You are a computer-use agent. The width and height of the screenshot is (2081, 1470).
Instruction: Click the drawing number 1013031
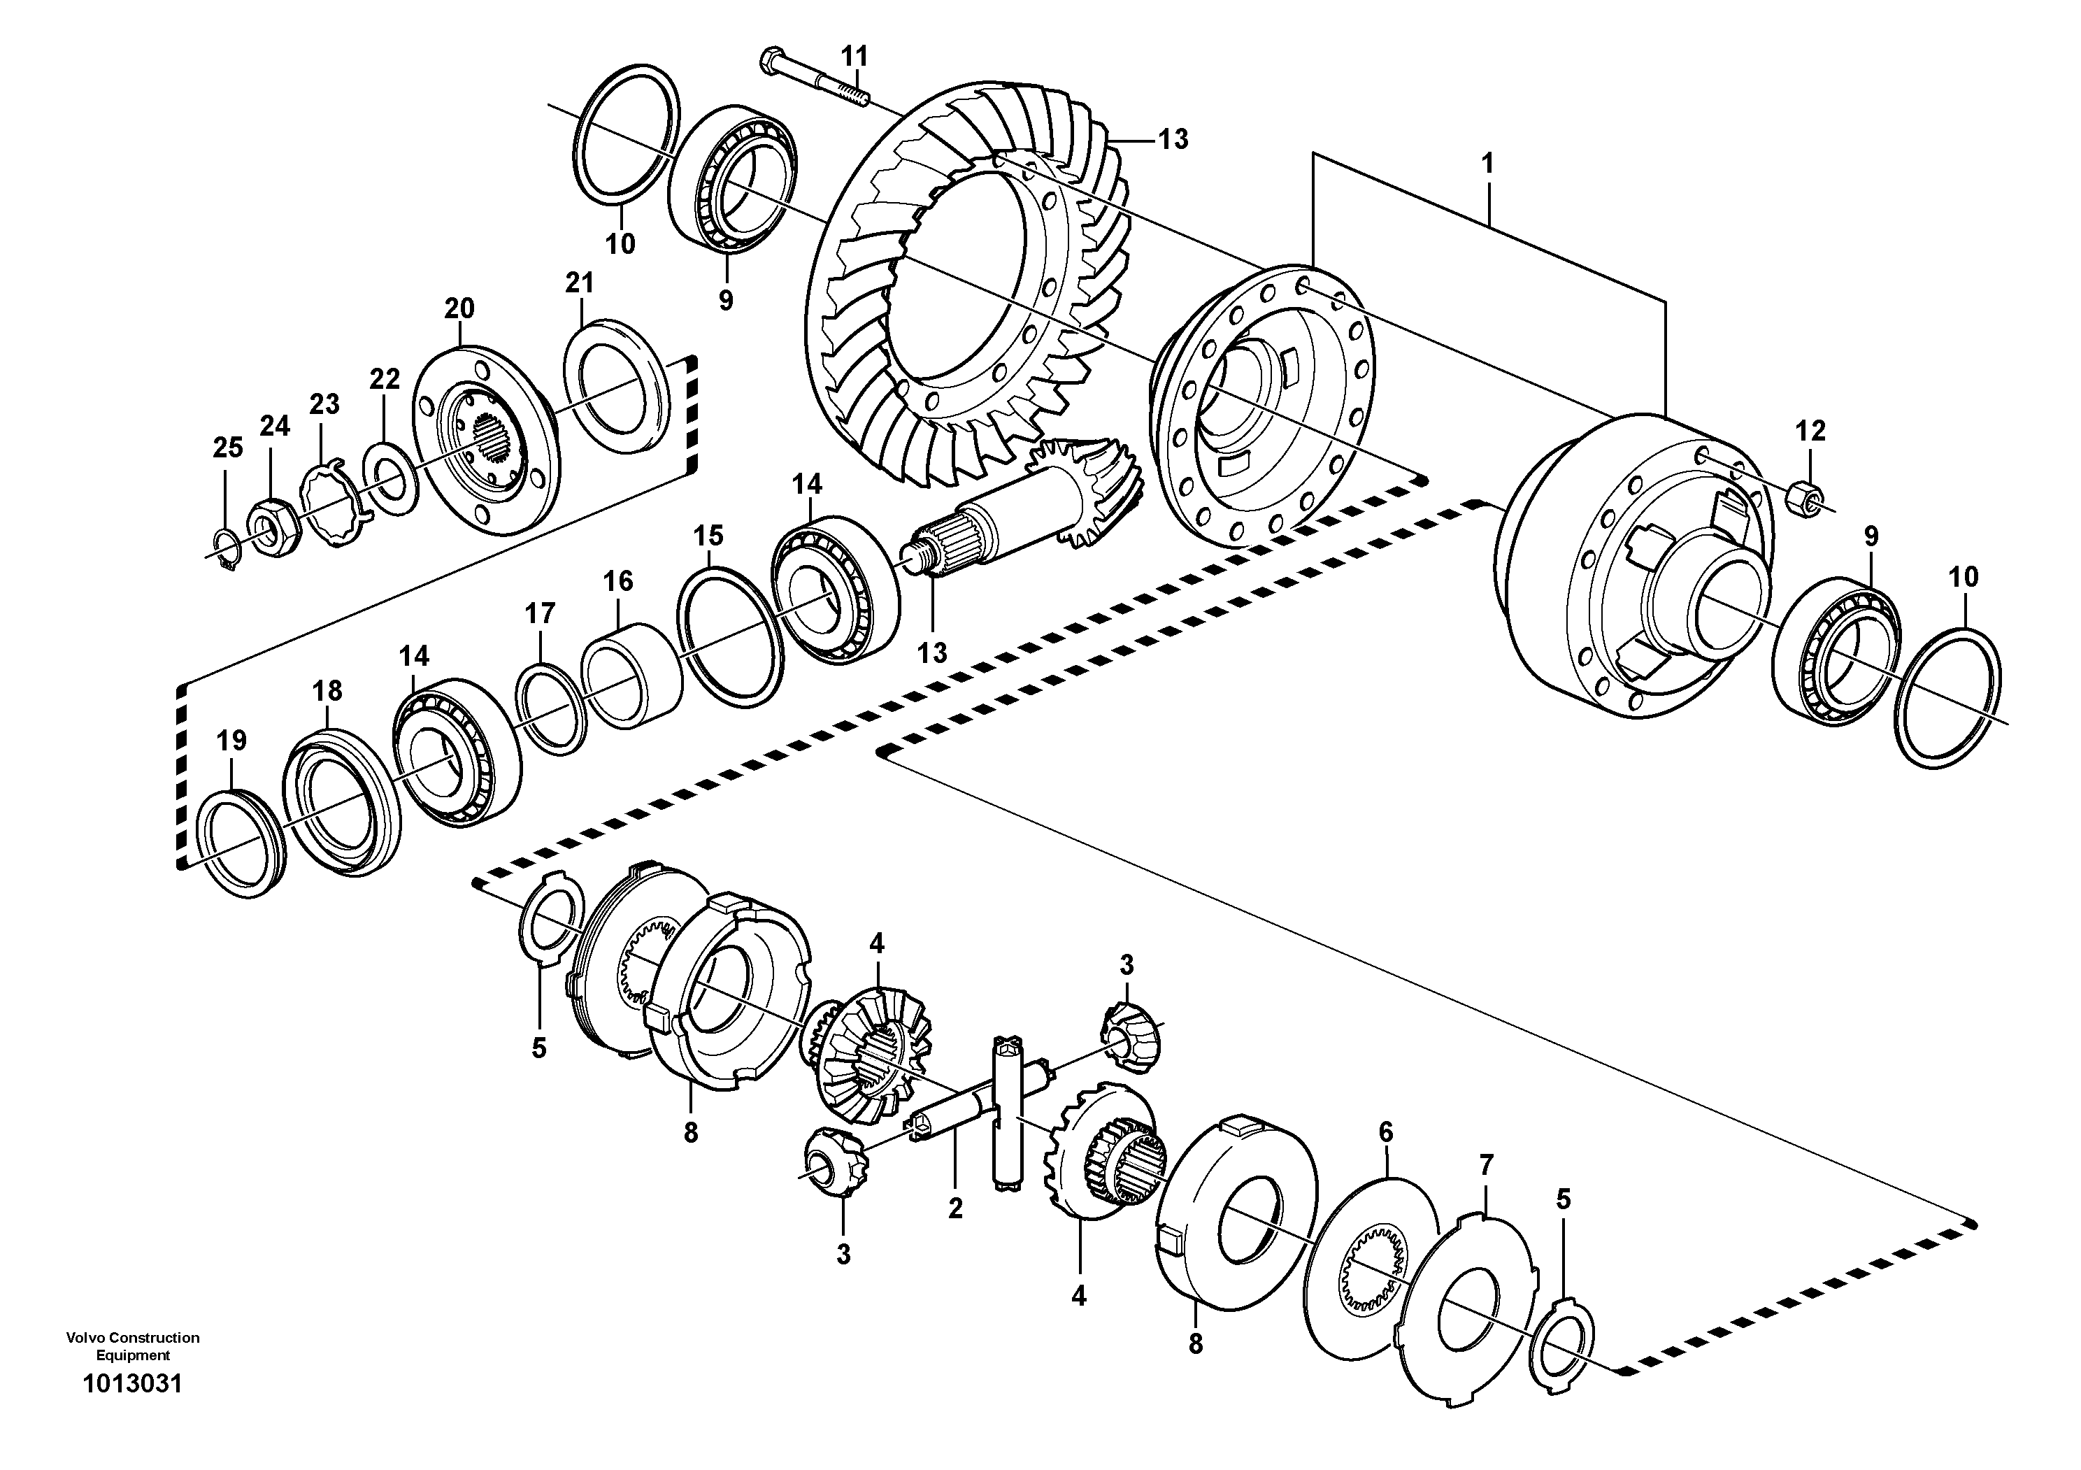click(132, 1384)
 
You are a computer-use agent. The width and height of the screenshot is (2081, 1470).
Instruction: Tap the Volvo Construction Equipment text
click(132, 1346)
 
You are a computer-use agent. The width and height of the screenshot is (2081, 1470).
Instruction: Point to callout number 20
click(459, 308)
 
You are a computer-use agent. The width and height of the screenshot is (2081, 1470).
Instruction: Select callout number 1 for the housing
click(1487, 164)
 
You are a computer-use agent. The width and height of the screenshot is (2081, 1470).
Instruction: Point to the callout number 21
click(579, 283)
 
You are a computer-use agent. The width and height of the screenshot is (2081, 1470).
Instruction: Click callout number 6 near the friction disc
click(1385, 1132)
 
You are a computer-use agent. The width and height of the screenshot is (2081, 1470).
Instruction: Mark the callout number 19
click(231, 741)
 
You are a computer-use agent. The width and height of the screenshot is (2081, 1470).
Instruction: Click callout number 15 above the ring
click(709, 536)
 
